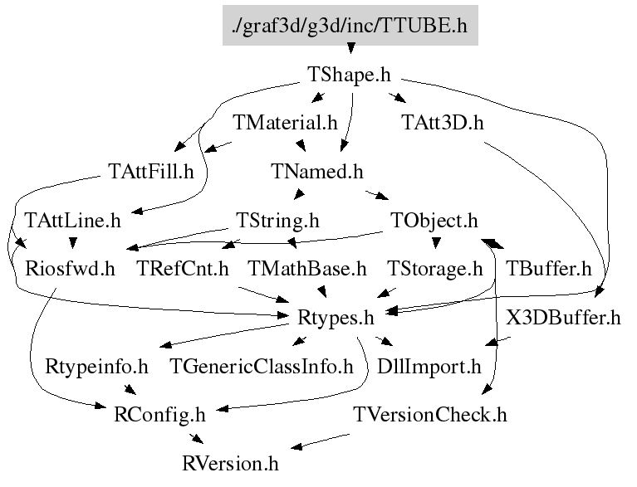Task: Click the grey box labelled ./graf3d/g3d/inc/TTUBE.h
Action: (x=350, y=25)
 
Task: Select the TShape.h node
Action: (x=349, y=75)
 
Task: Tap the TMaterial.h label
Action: (x=285, y=123)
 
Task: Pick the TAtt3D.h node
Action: (x=443, y=123)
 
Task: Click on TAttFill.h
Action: (x=150, y=171)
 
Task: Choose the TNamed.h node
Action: (x=317, y=171)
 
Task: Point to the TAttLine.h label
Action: (x=73, y=221)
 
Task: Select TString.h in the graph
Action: (x=277, y=221)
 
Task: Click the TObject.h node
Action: (x=434, y=221)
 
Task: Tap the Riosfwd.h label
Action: (x=70, y=269)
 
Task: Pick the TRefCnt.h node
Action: (x=183, y=269)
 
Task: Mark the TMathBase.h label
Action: (x=307, y=269)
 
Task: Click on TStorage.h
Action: (x=434, y=269)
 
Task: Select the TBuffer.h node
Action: (x=548, y=269)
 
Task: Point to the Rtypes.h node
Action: (x=336, y=318)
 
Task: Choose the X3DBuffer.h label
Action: (x=563, y=318)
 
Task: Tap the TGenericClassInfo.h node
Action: (x=262, y=366)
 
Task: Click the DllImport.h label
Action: (x=429, y=366)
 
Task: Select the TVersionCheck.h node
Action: (x=430, y=415)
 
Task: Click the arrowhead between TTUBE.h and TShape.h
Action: (x=350, y=49)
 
